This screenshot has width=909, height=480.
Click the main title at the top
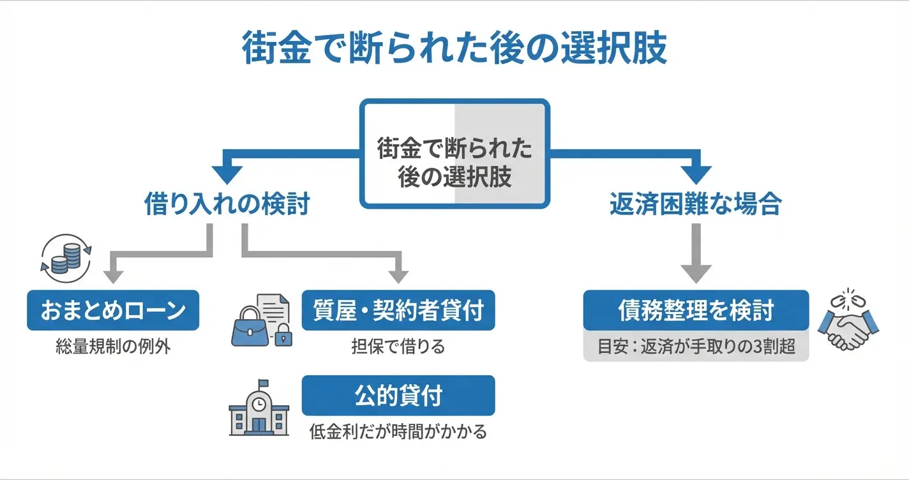point(454,49)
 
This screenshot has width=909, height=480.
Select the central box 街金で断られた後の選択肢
point(454,153)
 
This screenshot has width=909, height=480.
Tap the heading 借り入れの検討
point(227,205)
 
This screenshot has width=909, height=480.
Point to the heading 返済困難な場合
point(695,205)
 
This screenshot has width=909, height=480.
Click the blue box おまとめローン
point(113,310)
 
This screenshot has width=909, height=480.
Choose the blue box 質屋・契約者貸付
point(398,310)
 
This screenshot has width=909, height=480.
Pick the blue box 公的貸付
point(398,395)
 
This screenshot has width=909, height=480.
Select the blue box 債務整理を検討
point(696,310)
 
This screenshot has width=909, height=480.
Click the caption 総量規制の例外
point(113,348)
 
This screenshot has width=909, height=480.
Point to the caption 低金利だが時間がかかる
point(398,431)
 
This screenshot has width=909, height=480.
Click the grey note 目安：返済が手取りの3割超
point(696,349)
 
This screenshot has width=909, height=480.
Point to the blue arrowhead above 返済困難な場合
point(695,173)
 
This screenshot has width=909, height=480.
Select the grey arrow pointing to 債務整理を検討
point(695,255)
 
